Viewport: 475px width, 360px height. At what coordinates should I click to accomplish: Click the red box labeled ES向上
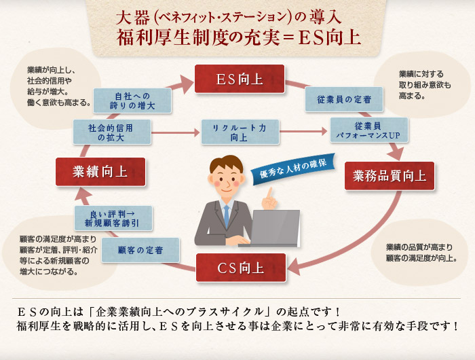point(240,79)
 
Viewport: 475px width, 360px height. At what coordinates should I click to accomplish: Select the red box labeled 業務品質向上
point(389,177)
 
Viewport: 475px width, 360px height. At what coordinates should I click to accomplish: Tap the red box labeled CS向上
point(240,268)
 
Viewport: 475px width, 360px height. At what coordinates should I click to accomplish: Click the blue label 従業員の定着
point(344,100)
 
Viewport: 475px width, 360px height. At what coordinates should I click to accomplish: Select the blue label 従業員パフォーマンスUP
point(369,130)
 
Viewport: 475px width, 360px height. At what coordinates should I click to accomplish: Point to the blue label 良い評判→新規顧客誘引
point(113,217)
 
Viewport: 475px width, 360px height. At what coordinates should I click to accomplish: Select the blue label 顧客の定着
point(140,250)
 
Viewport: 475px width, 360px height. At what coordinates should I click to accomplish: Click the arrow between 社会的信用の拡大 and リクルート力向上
point(174,131)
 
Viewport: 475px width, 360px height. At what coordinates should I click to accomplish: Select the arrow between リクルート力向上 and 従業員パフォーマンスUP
point(304,131)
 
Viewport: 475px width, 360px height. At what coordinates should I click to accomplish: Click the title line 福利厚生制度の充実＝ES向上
point(237,35)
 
